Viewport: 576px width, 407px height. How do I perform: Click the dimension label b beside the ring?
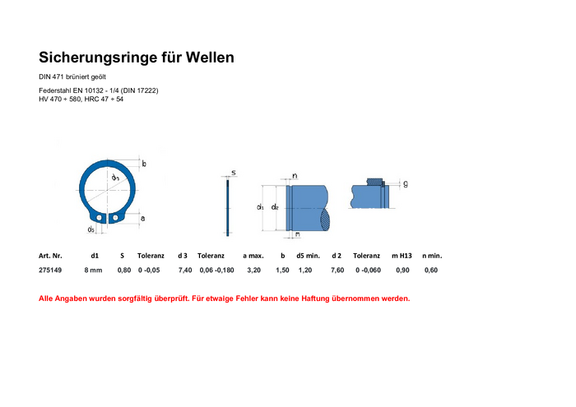coord(145,164)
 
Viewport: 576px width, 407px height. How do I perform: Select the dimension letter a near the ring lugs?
coord(143,218)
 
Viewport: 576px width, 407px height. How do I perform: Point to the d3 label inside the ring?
coord(116,178)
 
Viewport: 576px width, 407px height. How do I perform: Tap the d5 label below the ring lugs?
coord(91,229)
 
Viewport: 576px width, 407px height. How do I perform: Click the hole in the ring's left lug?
coord(99,217)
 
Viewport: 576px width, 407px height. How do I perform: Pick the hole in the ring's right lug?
coord(116,217)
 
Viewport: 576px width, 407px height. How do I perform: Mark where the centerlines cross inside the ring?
coord(109,192)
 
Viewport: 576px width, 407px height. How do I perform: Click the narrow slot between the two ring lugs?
coord(108,218)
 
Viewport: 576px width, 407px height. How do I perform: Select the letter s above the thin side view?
coord(234,173)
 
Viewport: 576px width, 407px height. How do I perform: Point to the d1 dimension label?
coord(260,206)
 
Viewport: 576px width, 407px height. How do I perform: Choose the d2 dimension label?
coord(276,206)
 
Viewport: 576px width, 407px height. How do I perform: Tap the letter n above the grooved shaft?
coord(295,176)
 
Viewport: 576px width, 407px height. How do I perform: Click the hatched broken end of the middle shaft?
coord(323,218)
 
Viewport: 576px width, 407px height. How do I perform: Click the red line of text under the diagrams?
coord(223,298)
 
